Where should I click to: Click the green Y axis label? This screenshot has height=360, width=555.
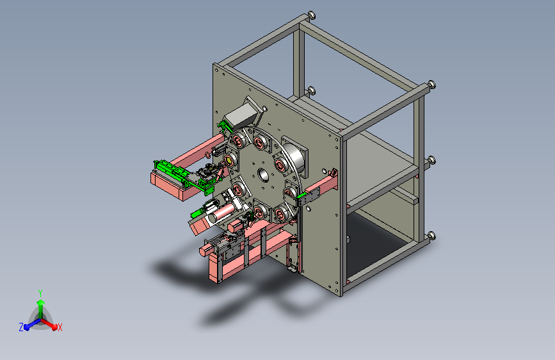click(40, 293)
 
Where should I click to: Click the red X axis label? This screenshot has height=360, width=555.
click(60, 328)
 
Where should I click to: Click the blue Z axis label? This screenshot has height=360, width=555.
click(21, 327)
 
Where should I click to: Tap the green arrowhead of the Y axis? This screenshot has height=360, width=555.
click(41, 303)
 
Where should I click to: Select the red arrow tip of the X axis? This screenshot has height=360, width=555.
click(54, 327)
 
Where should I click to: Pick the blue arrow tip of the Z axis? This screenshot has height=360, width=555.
click(27, 327)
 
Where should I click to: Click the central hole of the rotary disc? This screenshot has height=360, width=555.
click(263, 174)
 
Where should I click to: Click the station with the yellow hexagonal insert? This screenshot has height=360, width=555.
click(230, 161)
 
